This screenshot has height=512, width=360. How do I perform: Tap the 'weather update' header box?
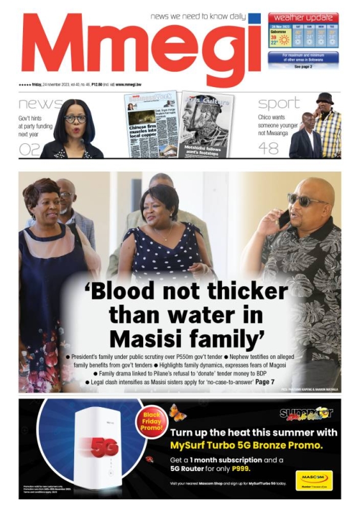[x=303, y=17]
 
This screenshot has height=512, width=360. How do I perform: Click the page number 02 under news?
[x=29, y=149]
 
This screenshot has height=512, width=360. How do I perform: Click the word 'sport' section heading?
[x=278, y=103]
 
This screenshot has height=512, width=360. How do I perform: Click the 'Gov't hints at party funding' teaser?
[x=36, y=126]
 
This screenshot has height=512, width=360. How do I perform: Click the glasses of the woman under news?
[x=74, y=118]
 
